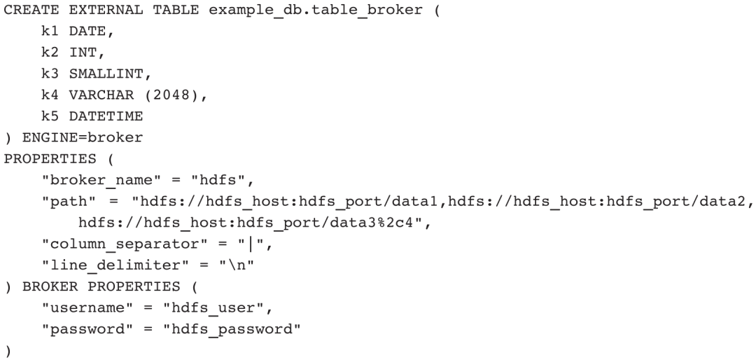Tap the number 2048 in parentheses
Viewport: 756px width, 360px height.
pos(175,89)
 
